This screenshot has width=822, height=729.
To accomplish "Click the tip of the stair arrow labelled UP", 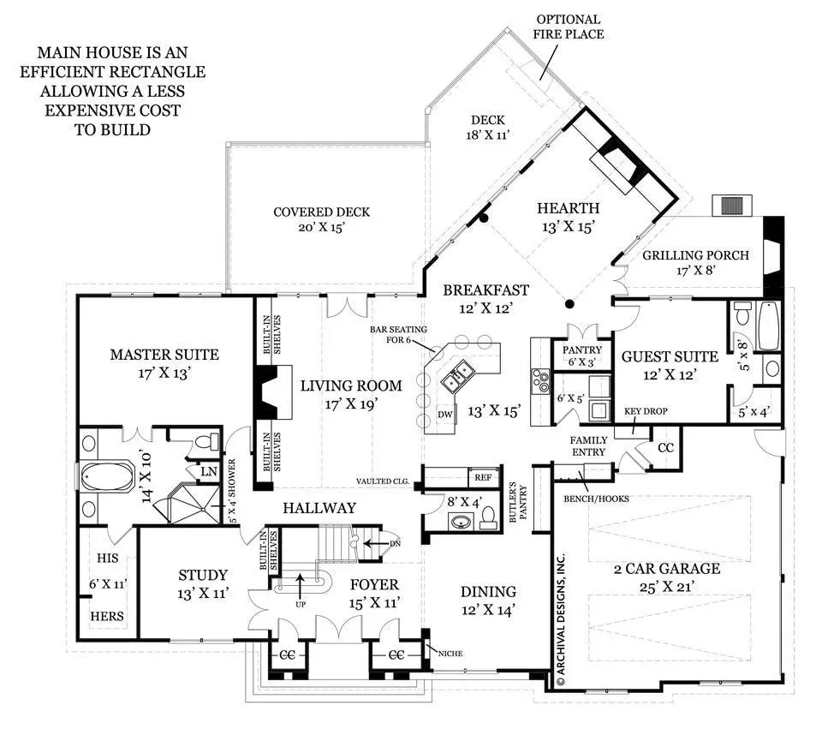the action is [300, 574].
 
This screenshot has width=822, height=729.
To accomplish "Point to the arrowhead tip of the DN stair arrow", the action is [363, 543].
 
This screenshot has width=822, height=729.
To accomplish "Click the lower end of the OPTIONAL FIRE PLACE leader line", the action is [540, 80].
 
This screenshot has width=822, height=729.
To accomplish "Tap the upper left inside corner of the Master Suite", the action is [80, 299].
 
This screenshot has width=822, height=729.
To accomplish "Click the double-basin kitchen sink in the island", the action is [456, 374].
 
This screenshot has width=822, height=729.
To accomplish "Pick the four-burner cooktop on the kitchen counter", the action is [540, 380].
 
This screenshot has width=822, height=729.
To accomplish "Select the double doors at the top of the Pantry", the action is [582, 332].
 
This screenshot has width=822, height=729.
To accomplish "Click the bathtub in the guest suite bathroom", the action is [768, 326].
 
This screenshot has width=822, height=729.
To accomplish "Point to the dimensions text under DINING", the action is [488, 611].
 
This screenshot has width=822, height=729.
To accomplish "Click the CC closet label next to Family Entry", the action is [666, 448].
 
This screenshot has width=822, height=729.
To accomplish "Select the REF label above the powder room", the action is [483, 477].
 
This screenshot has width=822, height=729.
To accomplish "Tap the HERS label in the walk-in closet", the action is [107, 616].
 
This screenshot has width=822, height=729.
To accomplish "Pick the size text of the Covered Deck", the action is [321, 228].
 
